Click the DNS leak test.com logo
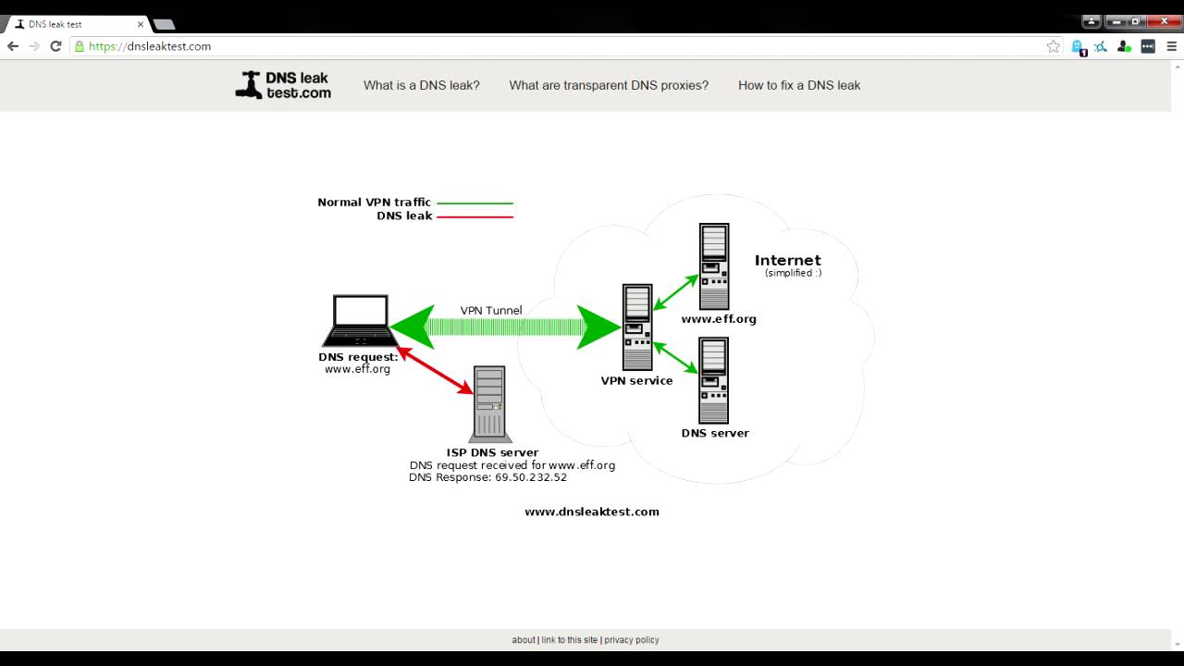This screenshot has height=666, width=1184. [283, 85]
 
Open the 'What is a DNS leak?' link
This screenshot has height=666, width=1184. [421, 85]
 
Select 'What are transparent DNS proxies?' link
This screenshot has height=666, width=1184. [609, 85]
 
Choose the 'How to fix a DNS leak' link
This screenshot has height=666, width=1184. [799, 85]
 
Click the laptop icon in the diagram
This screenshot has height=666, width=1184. [360, 320]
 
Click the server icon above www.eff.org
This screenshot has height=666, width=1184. [714, 266]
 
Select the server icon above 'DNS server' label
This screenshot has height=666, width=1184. [714, 379]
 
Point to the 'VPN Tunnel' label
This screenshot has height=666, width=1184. [491, 311]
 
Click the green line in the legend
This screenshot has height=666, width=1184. [475, 203]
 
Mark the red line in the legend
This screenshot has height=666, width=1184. [475, 216]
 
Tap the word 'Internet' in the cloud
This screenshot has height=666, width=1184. [787, 260]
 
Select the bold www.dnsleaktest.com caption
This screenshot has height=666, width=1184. [592, 512]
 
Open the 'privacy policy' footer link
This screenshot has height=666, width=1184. [632, 640]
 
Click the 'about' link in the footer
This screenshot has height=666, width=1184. [524, 640]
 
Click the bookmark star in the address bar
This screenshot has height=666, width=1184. [1053, 46]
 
